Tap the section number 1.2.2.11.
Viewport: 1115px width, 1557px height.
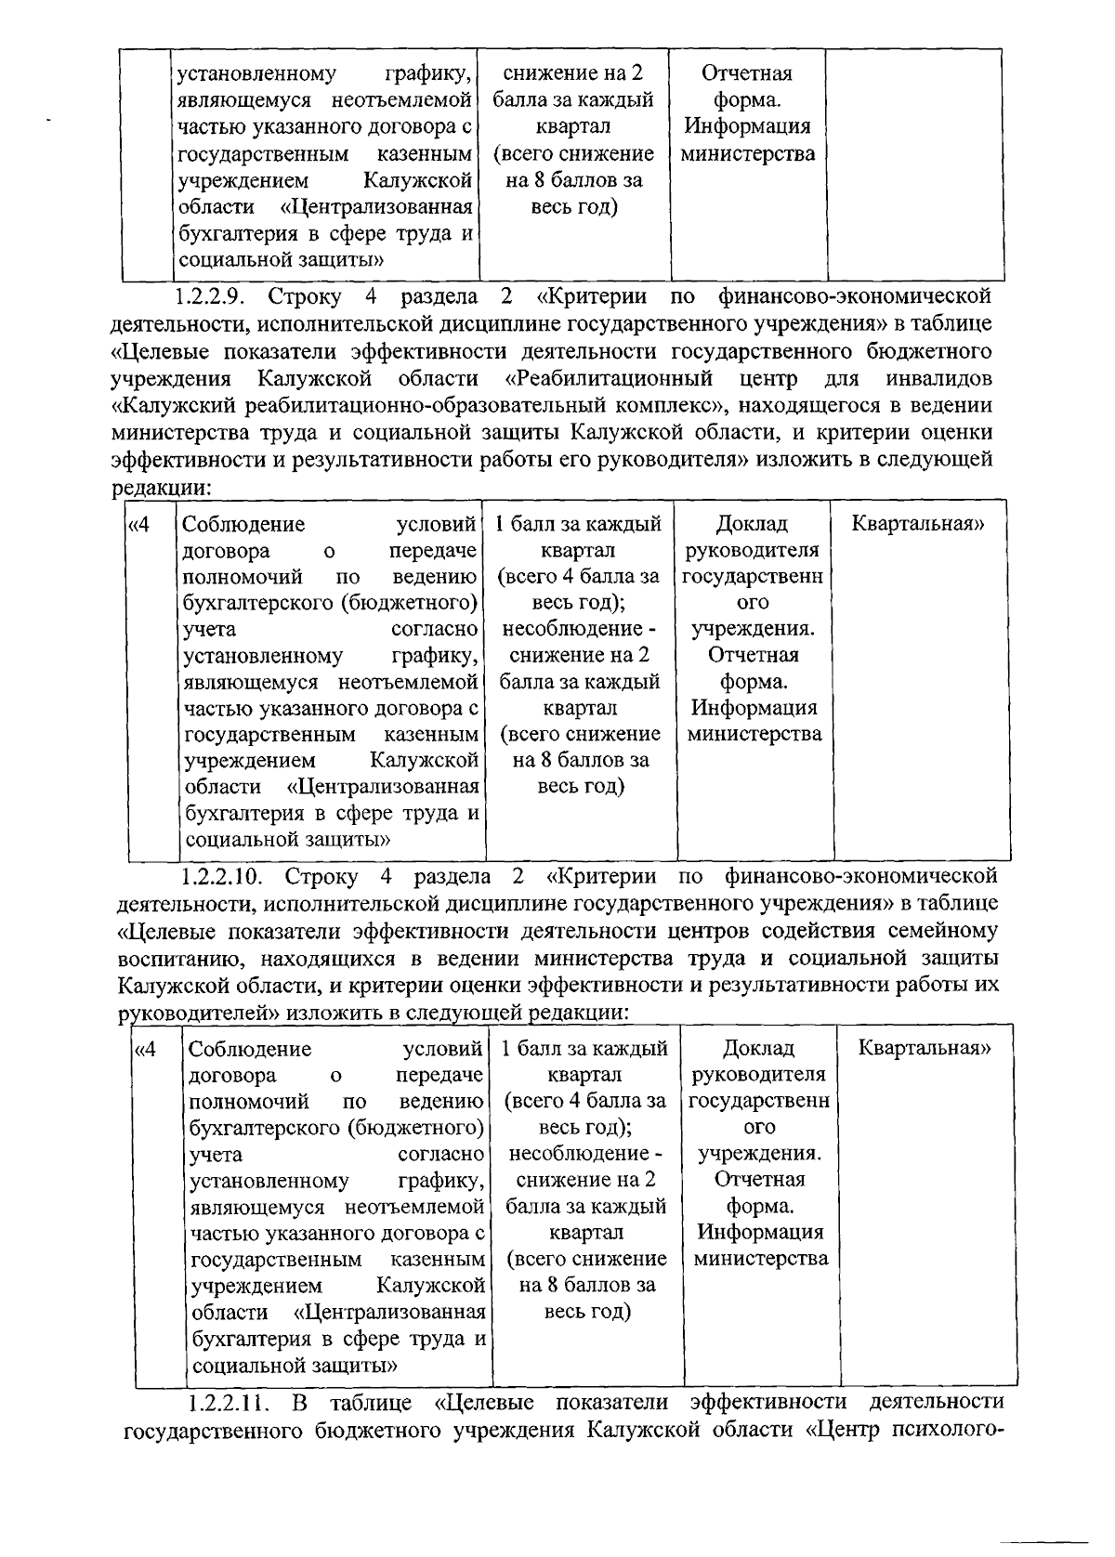click(226, 1401)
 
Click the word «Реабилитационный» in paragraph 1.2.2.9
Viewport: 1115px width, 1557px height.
click(609, 378)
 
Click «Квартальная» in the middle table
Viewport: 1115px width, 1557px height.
click(918, 523)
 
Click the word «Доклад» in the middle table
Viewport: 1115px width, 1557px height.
click(753, 524)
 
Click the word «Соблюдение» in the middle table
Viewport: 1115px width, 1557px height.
click(243, 524)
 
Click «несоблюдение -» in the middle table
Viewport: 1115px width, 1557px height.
click(580, 629)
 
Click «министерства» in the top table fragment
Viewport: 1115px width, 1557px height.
click(748, 153)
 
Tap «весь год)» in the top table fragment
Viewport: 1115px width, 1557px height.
click(574, 206)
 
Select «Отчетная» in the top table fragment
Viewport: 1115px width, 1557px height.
click(747, 73)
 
